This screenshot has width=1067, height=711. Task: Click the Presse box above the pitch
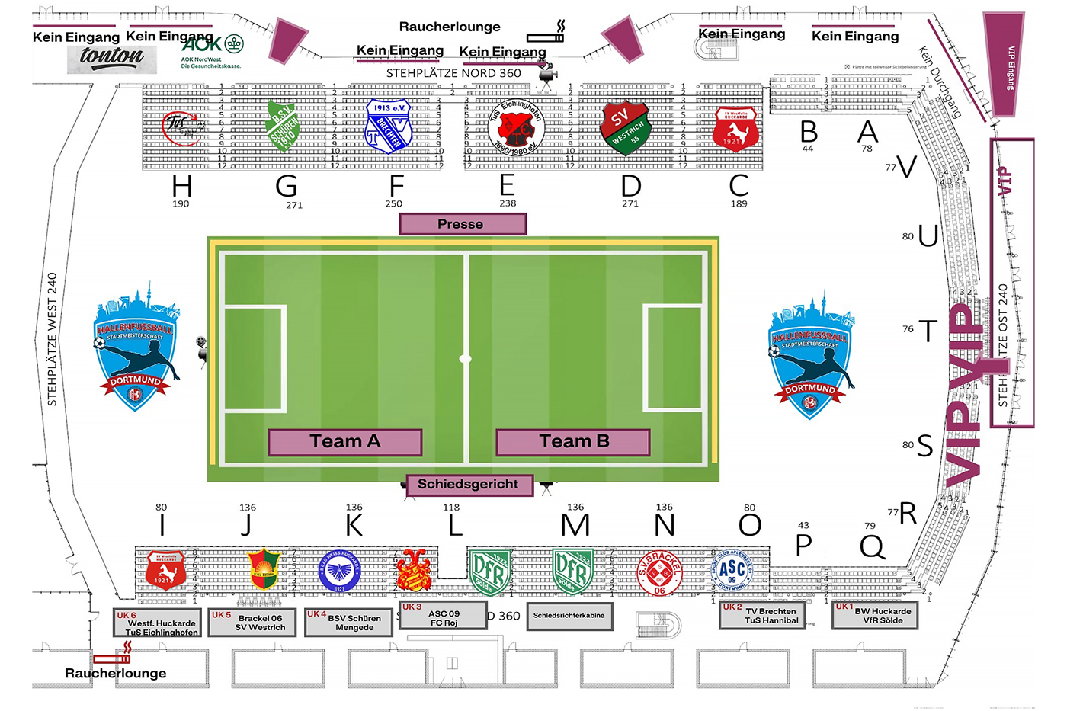[463, 224]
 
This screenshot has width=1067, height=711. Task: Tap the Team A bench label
[344, 442]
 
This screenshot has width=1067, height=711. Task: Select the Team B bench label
[573, 442]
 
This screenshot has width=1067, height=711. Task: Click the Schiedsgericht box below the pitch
[468, 485]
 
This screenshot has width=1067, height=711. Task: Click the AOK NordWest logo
[211, 50]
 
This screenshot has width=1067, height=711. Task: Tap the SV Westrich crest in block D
[626, 127]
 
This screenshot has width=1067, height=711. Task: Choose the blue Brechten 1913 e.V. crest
[389, 126]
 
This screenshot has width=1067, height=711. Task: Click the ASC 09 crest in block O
[731, 571]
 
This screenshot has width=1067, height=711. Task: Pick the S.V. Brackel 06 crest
[659, 572]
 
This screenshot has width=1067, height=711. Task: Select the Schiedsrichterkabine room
[569, 616]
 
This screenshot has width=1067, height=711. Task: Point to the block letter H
[181, 186]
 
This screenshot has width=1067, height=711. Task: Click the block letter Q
[871, 546]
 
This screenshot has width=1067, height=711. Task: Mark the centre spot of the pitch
[465, 358]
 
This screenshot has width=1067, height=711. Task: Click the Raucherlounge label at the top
[450, 27]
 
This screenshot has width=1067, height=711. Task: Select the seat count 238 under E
[508, 203]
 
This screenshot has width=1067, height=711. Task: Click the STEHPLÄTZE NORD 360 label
[453, 74]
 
